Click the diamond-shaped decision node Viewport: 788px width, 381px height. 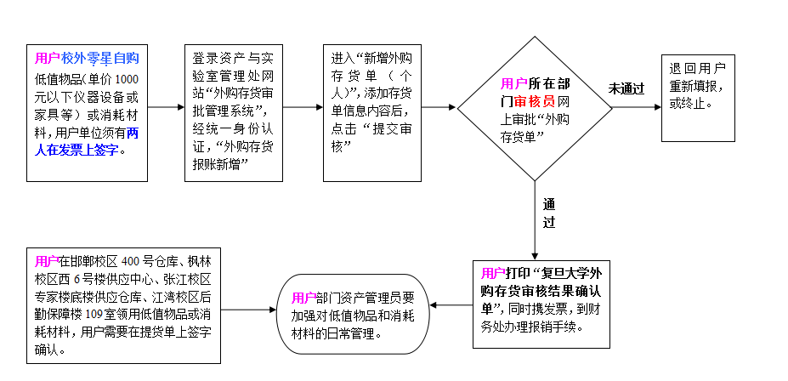coord(535,108)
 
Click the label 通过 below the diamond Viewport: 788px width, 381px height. coord(549,213)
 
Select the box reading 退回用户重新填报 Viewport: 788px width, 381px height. coord(699,97)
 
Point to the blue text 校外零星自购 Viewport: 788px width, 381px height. coord(99,58)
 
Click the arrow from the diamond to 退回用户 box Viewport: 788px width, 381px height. coord(637,107)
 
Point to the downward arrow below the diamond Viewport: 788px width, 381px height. coord(535,219)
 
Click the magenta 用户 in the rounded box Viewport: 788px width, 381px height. coord(303,298)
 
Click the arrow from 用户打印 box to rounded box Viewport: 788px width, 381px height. coord(451,304)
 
